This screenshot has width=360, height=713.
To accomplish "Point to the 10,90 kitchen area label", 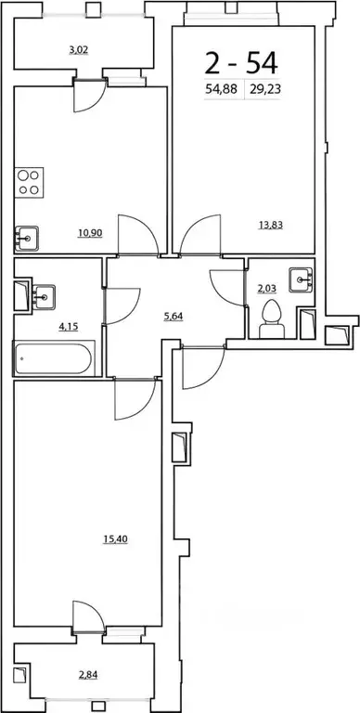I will [x=90, y=234].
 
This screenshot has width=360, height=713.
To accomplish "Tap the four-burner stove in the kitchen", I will [x=30, y=181].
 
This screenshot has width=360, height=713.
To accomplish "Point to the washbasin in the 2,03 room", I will [x=300, y=278].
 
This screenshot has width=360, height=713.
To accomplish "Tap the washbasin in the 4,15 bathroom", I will [x=41, y=297].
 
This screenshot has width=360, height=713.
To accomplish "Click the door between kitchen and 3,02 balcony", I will [x=90, y=97].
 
